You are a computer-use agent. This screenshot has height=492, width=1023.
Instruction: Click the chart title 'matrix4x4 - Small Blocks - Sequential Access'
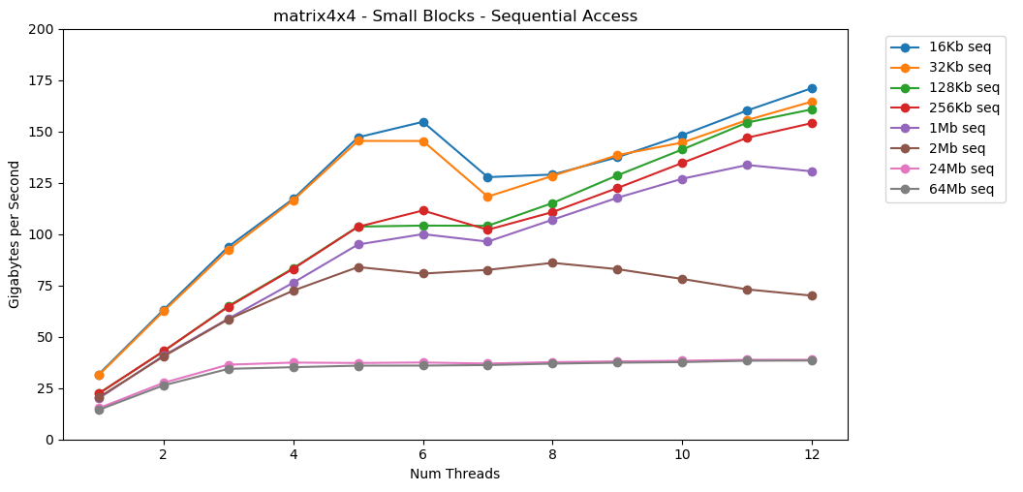(455, 15)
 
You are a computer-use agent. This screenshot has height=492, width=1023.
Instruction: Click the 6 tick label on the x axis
(422, 454)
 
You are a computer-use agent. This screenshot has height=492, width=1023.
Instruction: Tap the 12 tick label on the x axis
(812, 454)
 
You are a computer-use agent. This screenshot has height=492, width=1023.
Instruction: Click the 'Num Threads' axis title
(454, 474)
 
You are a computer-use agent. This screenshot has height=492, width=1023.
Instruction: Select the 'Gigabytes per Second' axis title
(15, 234)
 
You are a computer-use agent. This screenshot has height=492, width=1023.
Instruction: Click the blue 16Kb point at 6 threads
(422, 122)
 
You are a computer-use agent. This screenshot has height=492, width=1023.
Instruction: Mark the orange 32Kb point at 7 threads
(487, 197)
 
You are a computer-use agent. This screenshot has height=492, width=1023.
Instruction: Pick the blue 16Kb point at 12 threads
(812, 88)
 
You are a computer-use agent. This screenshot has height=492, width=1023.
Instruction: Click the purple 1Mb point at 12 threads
(812, 171)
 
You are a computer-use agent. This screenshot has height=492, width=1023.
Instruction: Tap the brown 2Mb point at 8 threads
(552, 262)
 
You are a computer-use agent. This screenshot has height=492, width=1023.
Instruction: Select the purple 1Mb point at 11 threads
(747, 165)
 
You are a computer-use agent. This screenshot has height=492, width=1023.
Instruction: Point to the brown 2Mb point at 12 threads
(812, 295)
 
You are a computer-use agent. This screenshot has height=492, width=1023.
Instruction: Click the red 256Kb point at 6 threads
(422, 210)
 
